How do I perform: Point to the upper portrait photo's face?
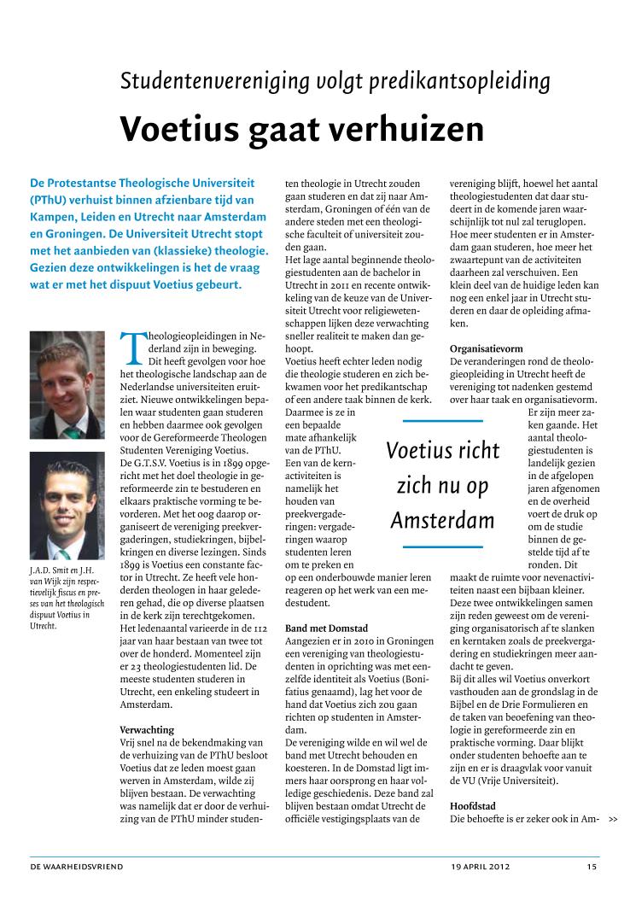[x=68, y=368]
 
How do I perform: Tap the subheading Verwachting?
[x=146, y=730]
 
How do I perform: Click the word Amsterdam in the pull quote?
[x=442, y=520]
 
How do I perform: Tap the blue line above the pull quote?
[x=442, y=421]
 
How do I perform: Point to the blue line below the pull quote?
[x=442, y=546]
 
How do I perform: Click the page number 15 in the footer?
[x=592, y=867]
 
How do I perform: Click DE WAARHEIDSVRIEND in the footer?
[x=77, y=867]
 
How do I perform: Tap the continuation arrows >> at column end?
[x=613, y=820]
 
